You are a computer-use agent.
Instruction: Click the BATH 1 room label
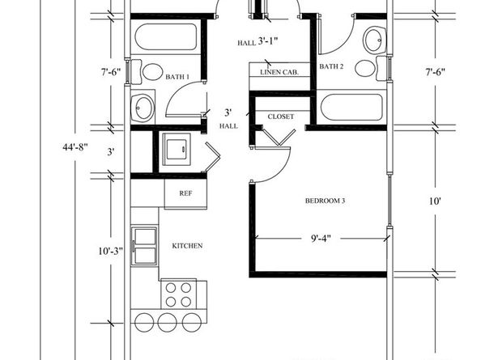[177, 77]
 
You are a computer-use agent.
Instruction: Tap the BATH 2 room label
[332, 66]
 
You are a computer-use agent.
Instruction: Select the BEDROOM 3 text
[325, 201]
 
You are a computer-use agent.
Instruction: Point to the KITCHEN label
[186, 245]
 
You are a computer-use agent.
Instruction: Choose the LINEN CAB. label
[278, 72]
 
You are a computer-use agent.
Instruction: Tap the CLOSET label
[280, 116]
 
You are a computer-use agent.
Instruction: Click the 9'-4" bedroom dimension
[321, 239]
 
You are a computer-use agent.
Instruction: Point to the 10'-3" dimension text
[110, 251]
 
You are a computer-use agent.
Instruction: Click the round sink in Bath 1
[144, 106]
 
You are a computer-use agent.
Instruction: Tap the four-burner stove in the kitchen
[179, 293]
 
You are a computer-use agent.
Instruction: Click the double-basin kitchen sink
[147, 246]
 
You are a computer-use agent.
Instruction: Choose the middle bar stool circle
[168, 321]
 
